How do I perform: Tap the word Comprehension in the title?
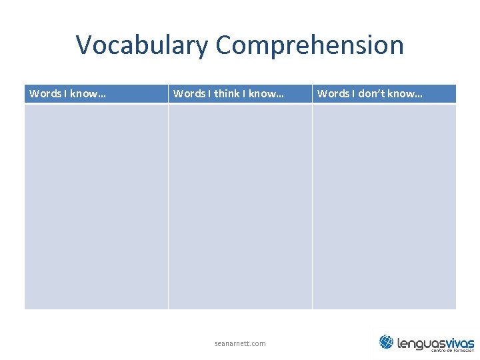coord(309,45)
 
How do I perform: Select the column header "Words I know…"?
coord(67,93)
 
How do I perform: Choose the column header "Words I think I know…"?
coord(228,93)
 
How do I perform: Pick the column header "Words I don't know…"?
coord(369,93)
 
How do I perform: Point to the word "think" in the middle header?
coord(227,93)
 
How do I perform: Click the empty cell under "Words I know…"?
coord(96,206)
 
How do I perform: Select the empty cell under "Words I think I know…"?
coord(240,206)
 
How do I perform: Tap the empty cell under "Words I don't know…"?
coord(384,206)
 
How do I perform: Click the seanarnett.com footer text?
coord(240,343)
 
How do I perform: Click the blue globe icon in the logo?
coord(386,342)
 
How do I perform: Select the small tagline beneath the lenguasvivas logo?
coord(452,351)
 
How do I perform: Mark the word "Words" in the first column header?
coord(45,93)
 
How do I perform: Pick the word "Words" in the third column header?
coord(333,93)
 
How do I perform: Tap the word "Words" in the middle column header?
coord(189,93)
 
